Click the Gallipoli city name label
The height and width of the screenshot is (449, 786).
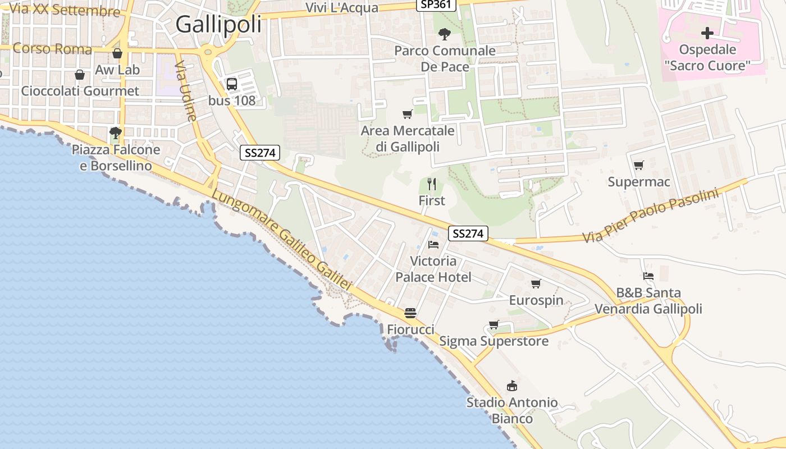click(218, 25)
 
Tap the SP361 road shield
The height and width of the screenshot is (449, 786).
click(436, 4)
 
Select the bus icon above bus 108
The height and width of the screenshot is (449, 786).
click(231, 84)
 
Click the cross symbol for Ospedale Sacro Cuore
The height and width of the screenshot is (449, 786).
click(707, 33)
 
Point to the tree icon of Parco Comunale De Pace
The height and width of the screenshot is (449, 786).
click(444, 34)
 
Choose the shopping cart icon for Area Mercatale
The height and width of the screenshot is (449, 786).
click(408, 114)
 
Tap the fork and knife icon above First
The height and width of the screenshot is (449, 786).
click(432, 184)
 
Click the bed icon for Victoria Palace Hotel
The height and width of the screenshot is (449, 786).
click(433, 244)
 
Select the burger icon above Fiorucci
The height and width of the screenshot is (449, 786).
click(410, 313)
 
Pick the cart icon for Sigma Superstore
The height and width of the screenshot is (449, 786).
click(493, 324)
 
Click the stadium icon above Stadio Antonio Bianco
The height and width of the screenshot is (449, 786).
click(512, 386)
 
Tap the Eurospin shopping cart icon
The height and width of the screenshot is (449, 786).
click(536, 283)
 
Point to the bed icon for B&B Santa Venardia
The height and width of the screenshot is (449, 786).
click(648, 276)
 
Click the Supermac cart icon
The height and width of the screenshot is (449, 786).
click(638, 166)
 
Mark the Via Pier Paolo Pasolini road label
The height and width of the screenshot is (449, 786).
click(651, 216)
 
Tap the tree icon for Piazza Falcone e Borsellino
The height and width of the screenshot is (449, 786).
click(116, 133)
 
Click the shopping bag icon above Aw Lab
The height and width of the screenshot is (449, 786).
click(117, 53)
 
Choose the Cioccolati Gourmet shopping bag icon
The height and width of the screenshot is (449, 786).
click(80, 75)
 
